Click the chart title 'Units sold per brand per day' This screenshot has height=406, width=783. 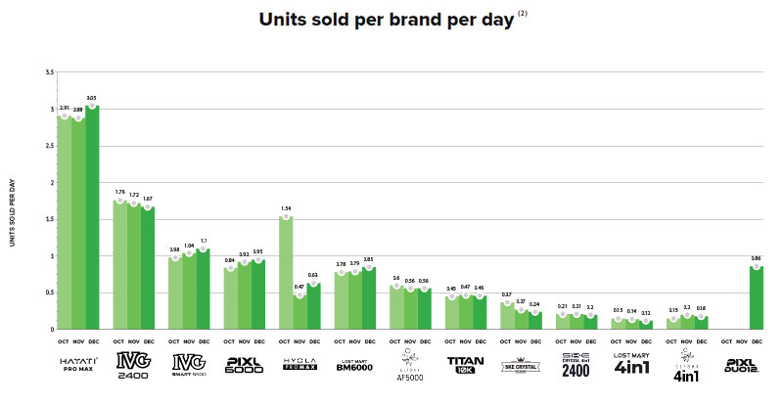(386, 20)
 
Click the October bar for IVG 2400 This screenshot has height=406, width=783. (119, 264)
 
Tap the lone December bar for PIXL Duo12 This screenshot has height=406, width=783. (757, 297)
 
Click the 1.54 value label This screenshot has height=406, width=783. (286, 208)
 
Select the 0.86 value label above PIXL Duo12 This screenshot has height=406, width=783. (757, 258)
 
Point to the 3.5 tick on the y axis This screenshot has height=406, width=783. (49, 72)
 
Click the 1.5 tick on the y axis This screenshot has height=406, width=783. (49, 219)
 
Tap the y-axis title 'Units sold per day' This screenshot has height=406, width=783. (14, 201)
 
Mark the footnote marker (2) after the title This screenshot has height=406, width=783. (521, 13)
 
